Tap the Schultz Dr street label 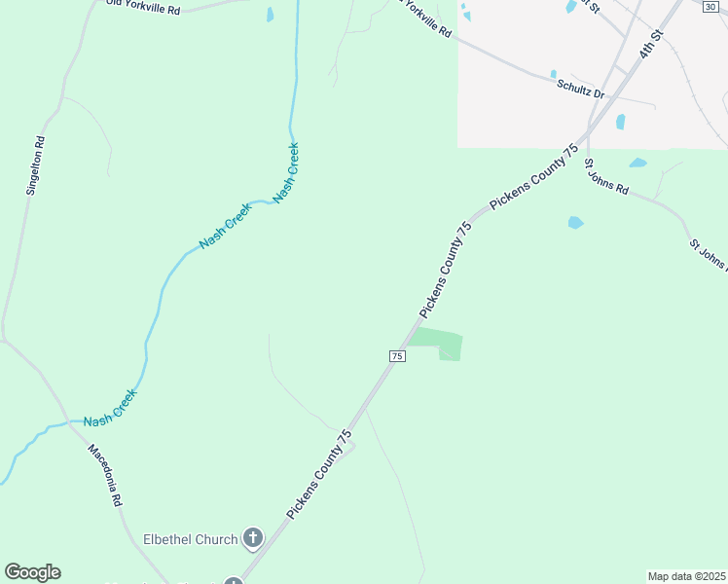(x=581, y=89)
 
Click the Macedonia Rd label (x=104, y=474)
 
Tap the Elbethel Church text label (x=190, y=539)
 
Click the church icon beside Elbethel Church (x=253, y=537)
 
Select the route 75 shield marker (x=397, y=356)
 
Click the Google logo (x=32, y=572)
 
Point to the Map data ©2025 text (x=686, y=576)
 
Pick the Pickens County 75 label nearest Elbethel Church (x=318, y=474)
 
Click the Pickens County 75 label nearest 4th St (x=534, y=176)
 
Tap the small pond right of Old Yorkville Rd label (x=270, y=15)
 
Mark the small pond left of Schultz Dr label (x=553, y=74)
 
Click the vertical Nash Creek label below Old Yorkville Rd (x=286, y=172)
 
